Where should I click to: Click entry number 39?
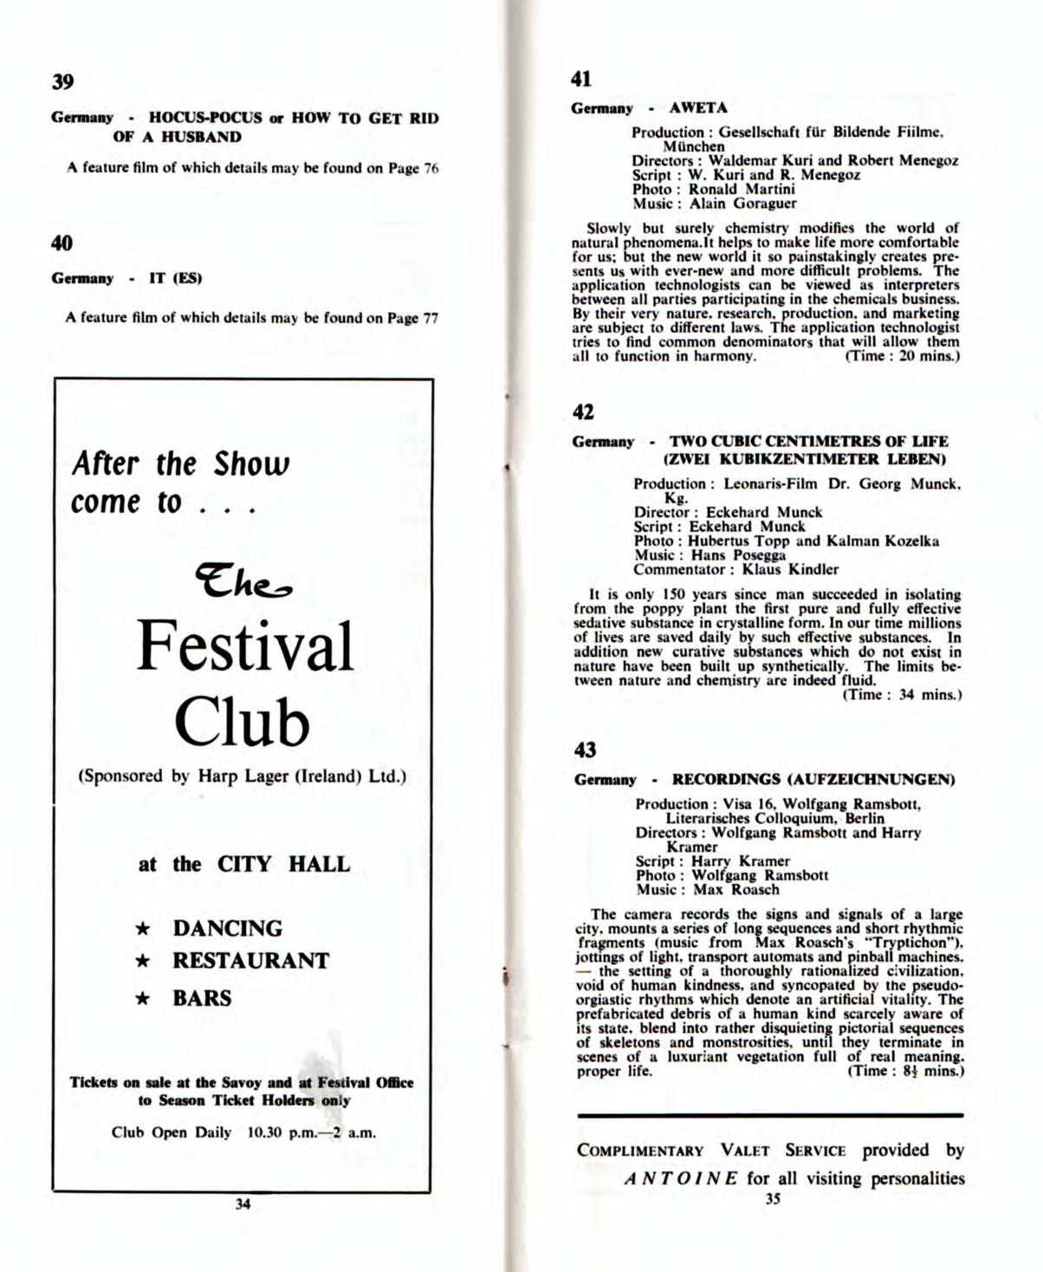coord(62,82)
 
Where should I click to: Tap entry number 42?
coord(583,412)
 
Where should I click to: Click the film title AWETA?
coord(698,108)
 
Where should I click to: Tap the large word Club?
coord(243,720)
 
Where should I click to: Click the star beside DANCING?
coord(146,929)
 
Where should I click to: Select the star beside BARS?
coord(146,998)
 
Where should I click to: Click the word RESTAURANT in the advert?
coord(251,961)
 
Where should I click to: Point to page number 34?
coord(243,1204)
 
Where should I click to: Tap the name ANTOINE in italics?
coord(681,1178)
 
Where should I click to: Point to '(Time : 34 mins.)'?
coord(903,694)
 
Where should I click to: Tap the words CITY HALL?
coord(283,864)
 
